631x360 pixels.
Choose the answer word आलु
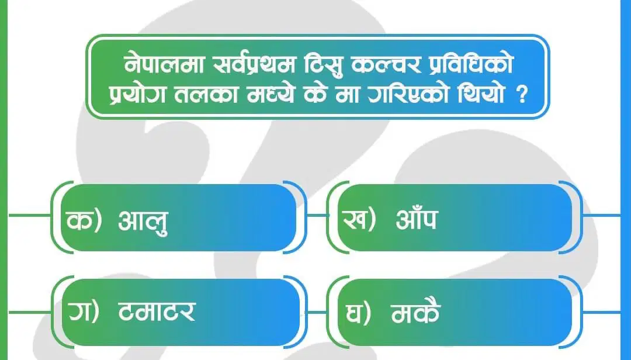143,221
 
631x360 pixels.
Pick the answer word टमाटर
157,311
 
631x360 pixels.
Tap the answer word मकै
416,311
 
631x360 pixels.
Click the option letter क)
85,220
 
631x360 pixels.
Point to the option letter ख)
359,220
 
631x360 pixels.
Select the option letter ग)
84,312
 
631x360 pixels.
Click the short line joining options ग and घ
318,312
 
